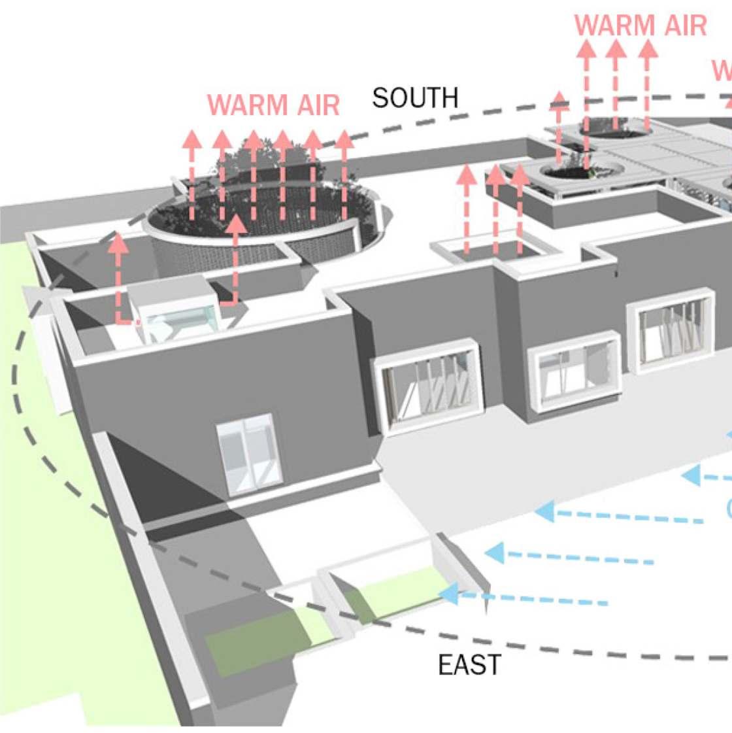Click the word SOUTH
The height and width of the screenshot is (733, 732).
coord(415,98)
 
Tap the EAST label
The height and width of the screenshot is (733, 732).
coord(469,665)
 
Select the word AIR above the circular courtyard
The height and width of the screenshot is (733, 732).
coord(316,105)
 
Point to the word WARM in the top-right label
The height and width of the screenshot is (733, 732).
coord(614,26)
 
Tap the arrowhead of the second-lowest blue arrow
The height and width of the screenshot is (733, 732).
coord(495,553)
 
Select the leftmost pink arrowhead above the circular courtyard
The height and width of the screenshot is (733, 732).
coord(191,139)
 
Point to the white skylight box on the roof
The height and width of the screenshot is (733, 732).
coord(176,307)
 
